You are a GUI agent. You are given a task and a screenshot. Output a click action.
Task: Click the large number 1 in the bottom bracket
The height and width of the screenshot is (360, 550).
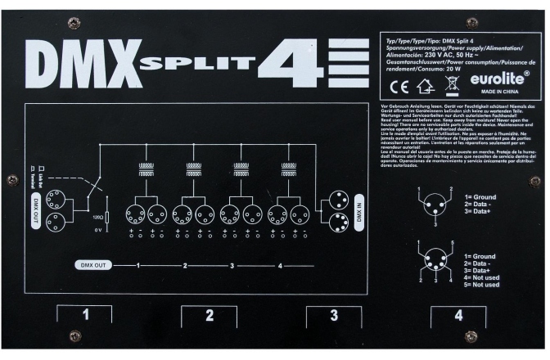(85, 315)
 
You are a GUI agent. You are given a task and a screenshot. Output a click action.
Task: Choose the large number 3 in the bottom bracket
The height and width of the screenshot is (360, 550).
(334, 315)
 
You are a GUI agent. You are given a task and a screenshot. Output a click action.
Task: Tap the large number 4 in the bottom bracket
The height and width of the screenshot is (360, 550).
(458, 315)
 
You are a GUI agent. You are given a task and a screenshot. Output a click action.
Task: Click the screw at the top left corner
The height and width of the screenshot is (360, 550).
(73, 22)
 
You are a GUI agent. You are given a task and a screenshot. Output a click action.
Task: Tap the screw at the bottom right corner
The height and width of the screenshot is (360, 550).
(471, 336)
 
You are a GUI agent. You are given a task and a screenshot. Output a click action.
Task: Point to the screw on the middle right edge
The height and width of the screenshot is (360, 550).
(534, 182)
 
